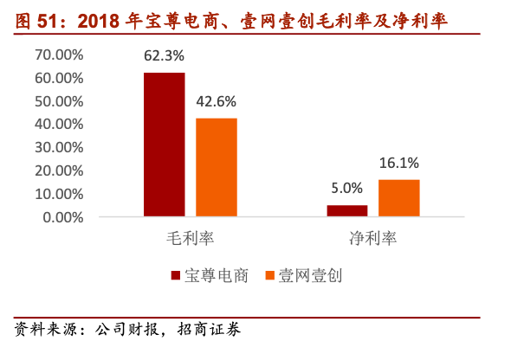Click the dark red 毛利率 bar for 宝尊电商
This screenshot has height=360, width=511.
click(165, 145)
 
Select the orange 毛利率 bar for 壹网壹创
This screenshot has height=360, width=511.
click(217, 167)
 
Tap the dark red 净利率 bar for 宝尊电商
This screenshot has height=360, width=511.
click(347, 210)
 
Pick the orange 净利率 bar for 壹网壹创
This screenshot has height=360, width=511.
click(399, 198)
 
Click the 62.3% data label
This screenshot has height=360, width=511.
click(164, 55)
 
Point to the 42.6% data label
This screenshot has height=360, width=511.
click(216, 101)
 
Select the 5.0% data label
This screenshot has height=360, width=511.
click(346, 188)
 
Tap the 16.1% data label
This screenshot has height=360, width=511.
click(399, 163)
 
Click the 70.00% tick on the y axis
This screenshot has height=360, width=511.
click(59, 55)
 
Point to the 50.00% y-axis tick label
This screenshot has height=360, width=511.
click(59, 101)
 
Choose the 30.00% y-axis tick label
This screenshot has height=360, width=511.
click(59, 148)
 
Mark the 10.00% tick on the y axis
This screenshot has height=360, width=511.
click(59, 195)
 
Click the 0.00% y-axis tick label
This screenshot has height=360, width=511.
click(63, 217)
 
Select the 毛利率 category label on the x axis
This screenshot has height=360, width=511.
click(191, 238)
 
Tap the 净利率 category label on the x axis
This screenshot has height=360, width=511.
click(373, 238)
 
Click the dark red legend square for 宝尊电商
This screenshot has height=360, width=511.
click(176, 275)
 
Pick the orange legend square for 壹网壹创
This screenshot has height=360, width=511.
click(270, 275)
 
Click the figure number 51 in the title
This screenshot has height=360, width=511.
click(46, 21)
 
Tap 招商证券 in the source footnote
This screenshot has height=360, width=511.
click(209, 330)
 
